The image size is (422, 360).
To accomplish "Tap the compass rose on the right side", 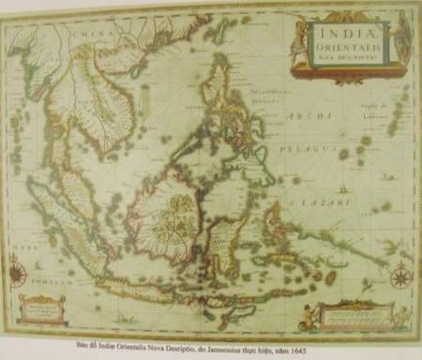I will (x=401, y=275).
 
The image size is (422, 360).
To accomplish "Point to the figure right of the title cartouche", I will (x=403, y=37).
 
